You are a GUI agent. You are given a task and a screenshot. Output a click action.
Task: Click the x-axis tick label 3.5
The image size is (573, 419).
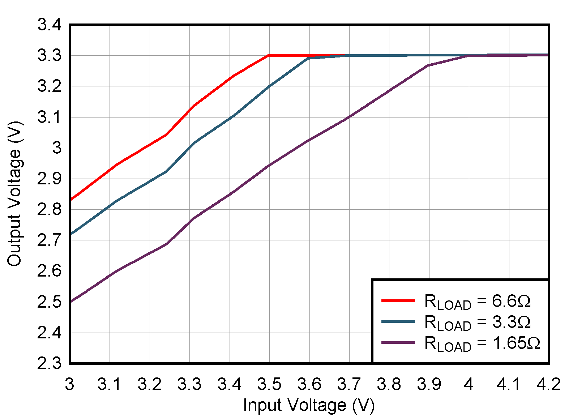269,384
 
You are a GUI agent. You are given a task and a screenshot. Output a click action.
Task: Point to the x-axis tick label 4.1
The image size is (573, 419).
509,384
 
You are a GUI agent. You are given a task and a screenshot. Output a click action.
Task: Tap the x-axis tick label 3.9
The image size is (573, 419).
429,384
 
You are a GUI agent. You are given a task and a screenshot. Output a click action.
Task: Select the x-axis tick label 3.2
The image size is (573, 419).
149,384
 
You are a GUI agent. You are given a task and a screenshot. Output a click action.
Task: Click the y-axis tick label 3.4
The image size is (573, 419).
49,25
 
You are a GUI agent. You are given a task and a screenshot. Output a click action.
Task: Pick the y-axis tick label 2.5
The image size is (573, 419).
49,302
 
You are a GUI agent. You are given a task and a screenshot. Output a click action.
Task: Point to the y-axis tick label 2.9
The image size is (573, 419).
49,179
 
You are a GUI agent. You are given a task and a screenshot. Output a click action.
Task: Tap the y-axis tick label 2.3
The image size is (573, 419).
49,363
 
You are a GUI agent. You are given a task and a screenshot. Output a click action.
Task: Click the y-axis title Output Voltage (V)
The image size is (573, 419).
15,194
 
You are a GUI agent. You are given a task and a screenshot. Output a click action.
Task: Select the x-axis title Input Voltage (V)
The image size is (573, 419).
309,405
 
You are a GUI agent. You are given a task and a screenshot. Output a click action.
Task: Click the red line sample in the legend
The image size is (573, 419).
398,300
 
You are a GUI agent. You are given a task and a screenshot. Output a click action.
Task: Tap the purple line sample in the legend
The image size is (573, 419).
398,342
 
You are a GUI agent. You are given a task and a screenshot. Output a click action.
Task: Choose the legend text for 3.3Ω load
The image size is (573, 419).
477,322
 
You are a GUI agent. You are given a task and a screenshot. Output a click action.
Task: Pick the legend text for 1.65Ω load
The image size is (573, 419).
482,343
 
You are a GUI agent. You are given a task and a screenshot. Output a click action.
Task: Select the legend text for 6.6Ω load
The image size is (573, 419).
477,301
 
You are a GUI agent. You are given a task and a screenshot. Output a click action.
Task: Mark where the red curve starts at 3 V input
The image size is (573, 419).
70,200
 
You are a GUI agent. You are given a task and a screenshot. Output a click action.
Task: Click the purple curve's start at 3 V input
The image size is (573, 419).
70,301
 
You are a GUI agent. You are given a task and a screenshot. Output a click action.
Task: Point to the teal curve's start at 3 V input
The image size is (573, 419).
70,234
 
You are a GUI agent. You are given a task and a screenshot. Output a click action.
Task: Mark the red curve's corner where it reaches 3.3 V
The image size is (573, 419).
269,56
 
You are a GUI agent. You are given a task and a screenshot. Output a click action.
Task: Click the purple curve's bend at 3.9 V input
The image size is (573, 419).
429,65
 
